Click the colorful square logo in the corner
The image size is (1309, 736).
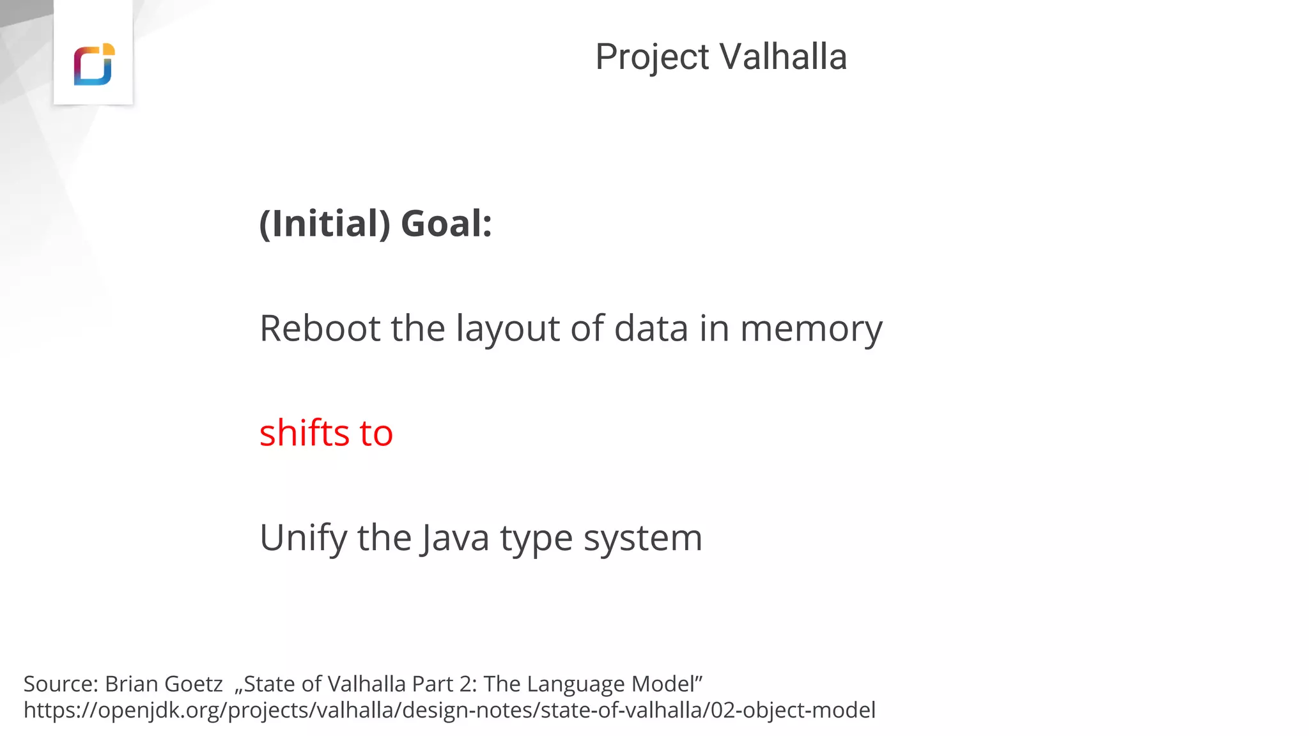[93, 64]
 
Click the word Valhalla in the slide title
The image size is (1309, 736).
[784, 57]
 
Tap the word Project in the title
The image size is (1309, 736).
[652, 57]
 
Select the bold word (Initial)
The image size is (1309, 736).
[325, 224]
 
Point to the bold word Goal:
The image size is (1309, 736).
[446, 224]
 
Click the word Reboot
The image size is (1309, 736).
[320, 328]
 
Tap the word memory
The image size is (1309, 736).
[811, 330]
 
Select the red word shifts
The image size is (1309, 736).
[304, 433]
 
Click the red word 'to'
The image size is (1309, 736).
[376, 433]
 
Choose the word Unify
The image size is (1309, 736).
[303, 538]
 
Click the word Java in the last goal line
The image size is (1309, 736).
[454, 538]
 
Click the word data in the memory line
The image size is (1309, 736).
[651, 328]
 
